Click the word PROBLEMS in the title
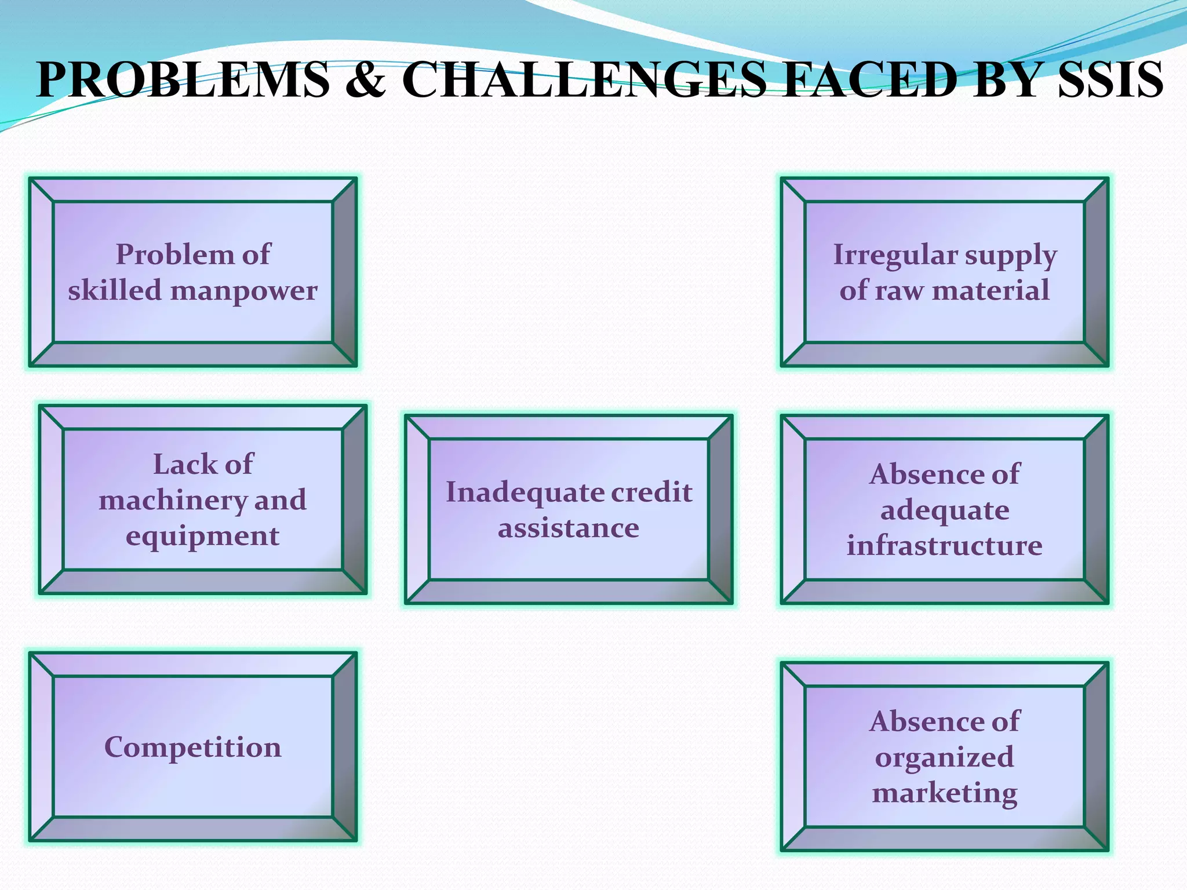(x=183, y=79)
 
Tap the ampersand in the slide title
(x=366, y=79)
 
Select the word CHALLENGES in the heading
(x=584, y=79)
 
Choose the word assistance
(x=569, y=528)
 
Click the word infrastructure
(x=945, y=546)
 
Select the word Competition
(x=193, y=747)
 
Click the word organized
(x=945, y=758)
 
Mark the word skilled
(x=114, y=290)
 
